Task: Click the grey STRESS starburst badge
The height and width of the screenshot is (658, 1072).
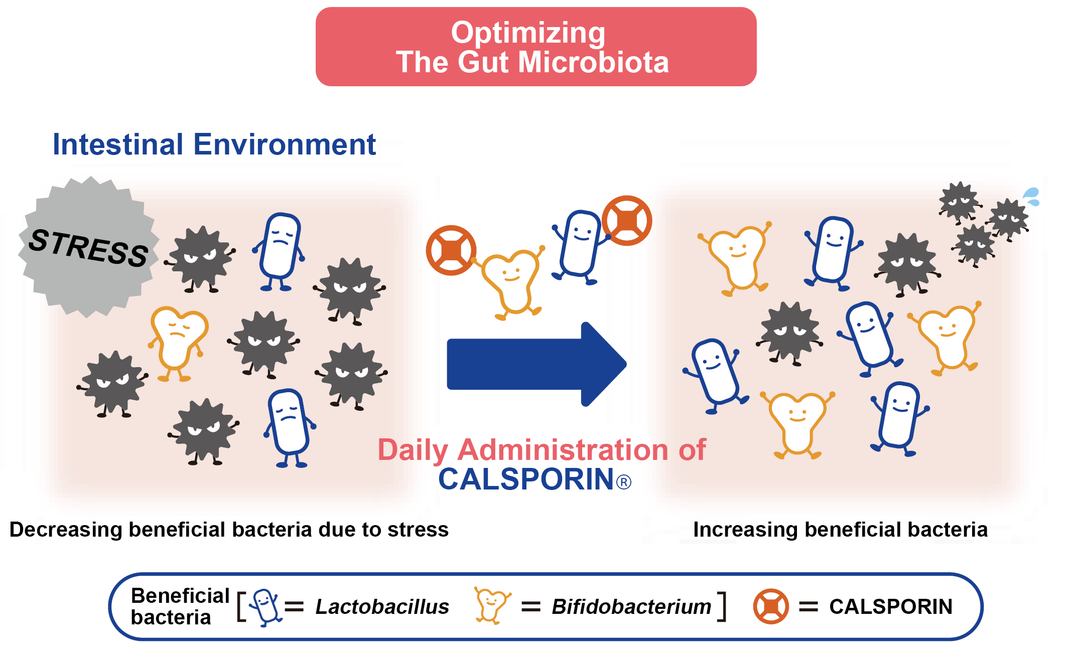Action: (x=88, y=247)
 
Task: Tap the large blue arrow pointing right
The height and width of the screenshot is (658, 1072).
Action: (x=536, y=364)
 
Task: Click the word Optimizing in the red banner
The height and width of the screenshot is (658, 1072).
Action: (x=528, y=33)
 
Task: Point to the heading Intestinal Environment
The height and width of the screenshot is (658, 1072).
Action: (x=214, y=144)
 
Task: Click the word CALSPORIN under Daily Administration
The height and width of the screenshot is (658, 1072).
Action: (x=526, y=479)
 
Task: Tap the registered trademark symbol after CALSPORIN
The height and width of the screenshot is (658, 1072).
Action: (x=623, y=482)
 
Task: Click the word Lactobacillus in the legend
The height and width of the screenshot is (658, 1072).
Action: (x=382, y=607)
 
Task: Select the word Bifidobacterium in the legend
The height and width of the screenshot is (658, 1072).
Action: (x=631, y=607)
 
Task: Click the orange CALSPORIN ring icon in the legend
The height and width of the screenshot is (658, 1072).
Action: (x=771, y=606)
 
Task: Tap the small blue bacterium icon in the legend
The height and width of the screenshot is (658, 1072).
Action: (x=265, y=608)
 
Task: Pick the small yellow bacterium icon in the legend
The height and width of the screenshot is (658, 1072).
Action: (x=492, y=606)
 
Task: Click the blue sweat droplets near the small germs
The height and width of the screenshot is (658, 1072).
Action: (x=1032, y=197)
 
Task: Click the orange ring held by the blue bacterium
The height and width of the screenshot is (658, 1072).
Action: (x=627, y=221)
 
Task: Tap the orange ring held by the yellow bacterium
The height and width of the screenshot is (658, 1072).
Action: (x=451, y=250)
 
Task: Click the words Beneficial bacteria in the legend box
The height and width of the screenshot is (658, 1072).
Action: (x=180, y=606)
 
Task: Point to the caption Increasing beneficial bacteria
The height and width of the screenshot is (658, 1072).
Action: (x=841, y=530)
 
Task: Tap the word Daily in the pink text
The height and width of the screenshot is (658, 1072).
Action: (x=413, y=450)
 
